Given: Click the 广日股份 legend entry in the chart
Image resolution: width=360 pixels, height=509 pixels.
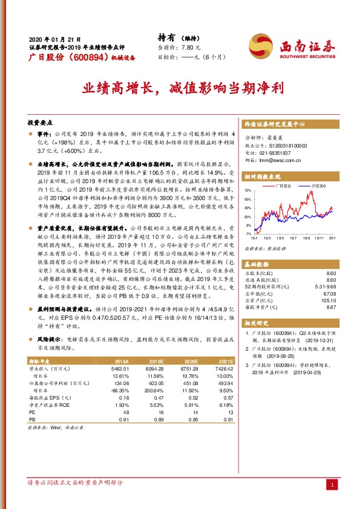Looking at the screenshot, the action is click(x=284, y=186).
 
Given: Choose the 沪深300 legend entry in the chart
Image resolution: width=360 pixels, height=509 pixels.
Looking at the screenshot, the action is click(x=318, y=186).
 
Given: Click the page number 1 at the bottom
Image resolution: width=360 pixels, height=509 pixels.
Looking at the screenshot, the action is click(x=332, y=485).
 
